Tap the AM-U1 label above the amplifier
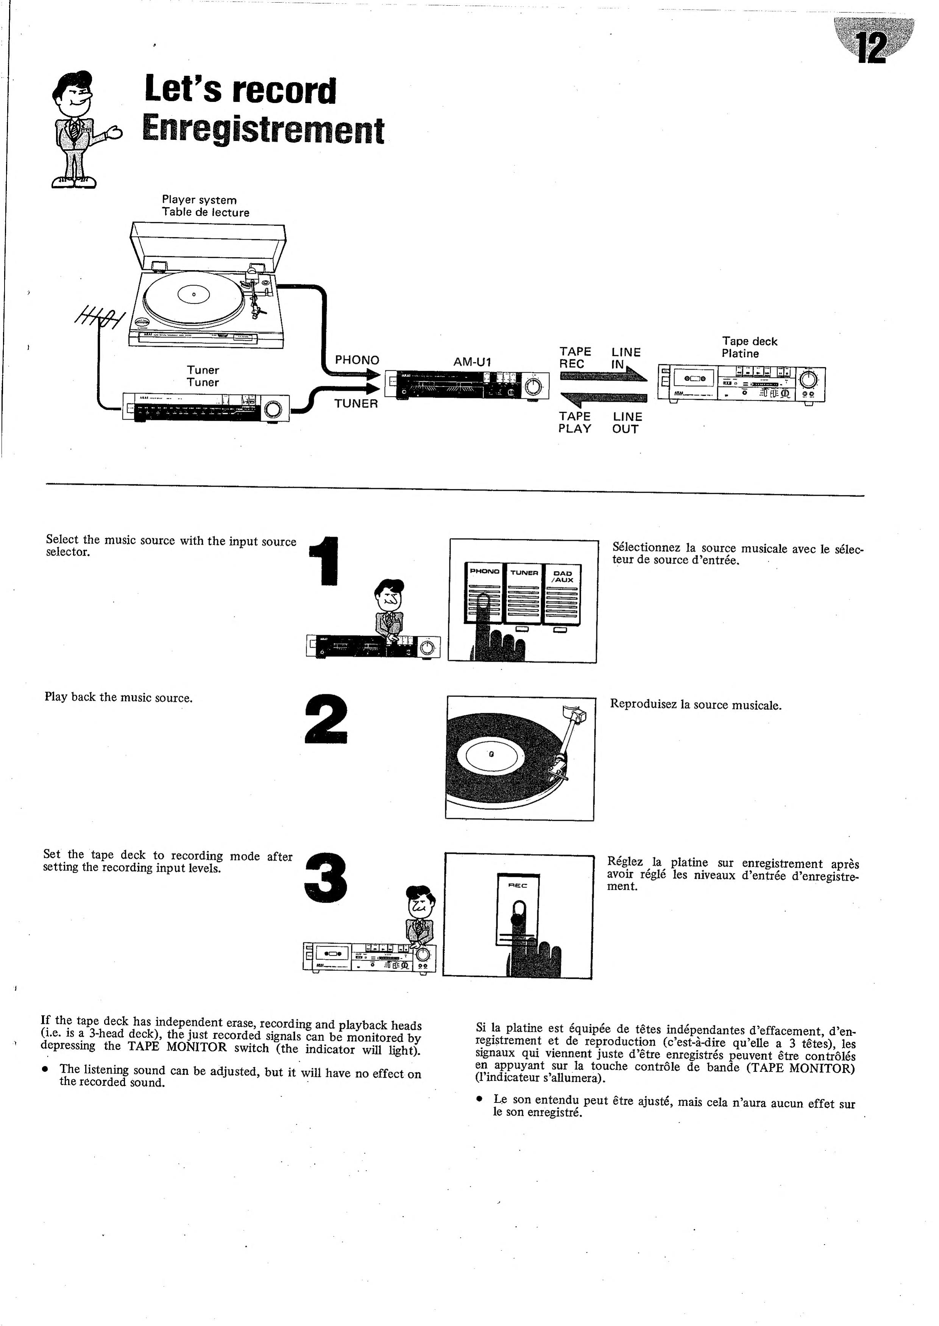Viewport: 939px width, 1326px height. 472,362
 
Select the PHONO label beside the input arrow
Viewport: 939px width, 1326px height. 357,360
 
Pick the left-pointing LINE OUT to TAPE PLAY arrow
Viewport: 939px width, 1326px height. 602,398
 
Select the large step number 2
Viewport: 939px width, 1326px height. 326,720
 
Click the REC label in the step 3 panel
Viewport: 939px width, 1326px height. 518,886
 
